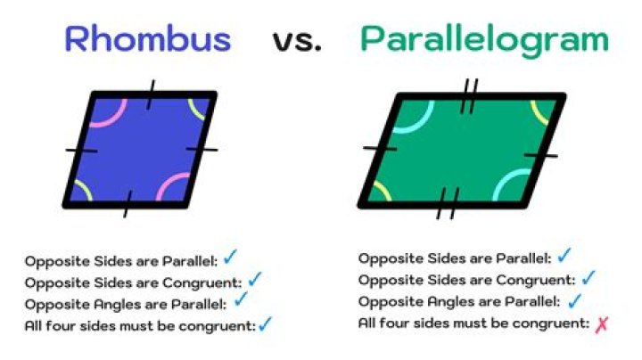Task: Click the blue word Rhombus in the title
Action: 148,39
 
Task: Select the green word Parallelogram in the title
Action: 484,40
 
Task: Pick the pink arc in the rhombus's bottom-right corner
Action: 173,187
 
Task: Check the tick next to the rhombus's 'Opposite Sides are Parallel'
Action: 231,258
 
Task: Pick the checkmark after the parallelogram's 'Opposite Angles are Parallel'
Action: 574,301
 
